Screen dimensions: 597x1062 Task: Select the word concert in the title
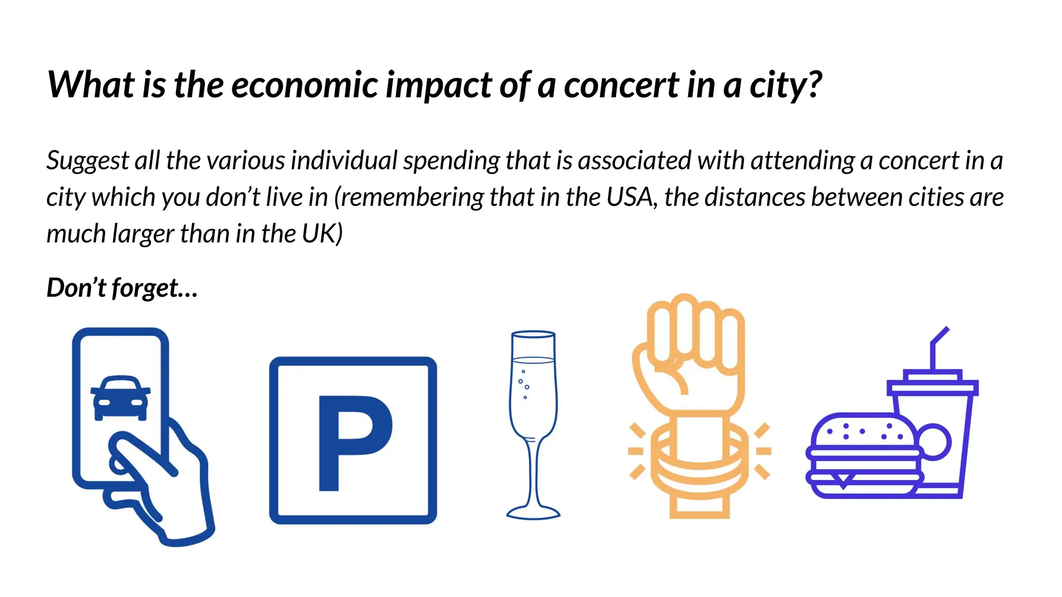(x=621, y=85)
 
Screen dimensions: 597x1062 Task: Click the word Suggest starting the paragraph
(x=88, y=161)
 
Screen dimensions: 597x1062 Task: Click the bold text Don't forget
(x=122, y=288)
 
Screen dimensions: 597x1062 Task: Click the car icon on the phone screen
(x=121, y=397)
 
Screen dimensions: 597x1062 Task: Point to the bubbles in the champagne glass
(x=524, y=384)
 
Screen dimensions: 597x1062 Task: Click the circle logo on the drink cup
(x=934, y=442)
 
